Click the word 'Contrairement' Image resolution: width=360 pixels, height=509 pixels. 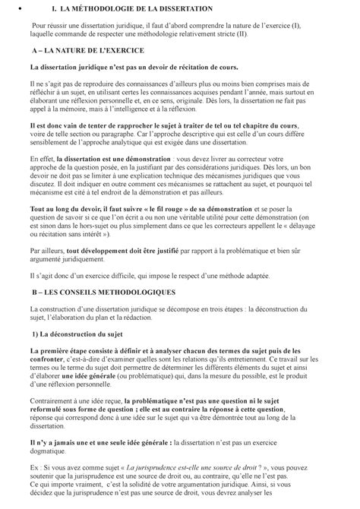[54, 400]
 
